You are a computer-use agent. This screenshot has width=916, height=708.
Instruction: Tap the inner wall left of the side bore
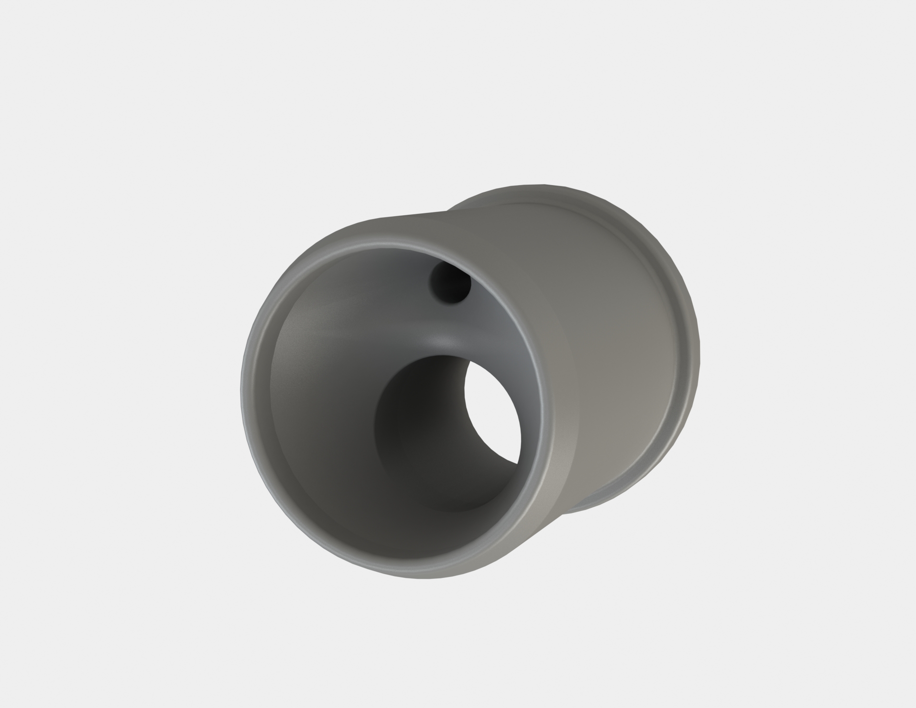[325, 407]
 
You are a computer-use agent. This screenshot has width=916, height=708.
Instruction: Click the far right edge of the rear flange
[698, 354]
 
